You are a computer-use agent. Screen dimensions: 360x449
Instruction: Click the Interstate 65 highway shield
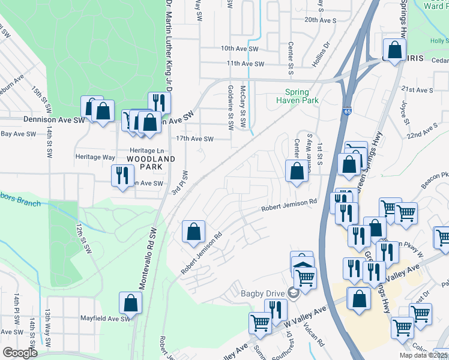pyautogui.click(x=348, y=112)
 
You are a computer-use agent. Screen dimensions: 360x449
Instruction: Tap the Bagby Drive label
pyautogui.click(x=265, y=293)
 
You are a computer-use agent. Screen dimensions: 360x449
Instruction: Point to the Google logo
pyautogui.click(x=20, y=353)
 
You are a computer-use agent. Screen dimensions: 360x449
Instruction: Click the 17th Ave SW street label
pyautogui.click(x=195, y=139)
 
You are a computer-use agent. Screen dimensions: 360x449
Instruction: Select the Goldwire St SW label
pyautogui.click(x=231, y=108)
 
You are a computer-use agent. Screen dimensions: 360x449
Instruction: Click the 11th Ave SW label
pyautogui.click(x=245, y=63)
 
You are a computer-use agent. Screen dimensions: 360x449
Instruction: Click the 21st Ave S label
pyautogui.click(x=417, y=90)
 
